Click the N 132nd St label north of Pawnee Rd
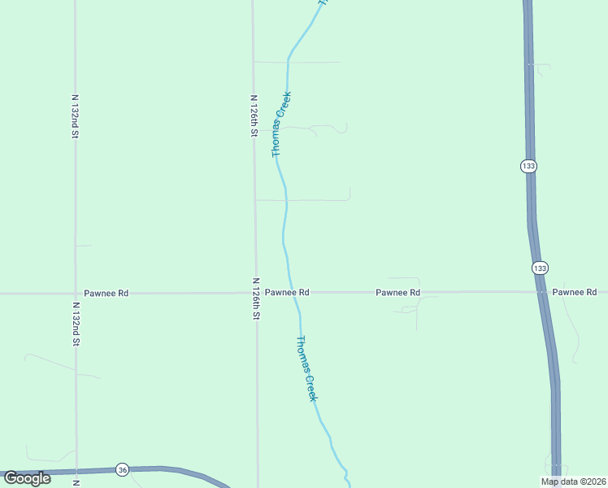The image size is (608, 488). click(x=74, y=116)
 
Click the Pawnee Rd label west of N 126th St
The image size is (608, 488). click(x=106, y=293)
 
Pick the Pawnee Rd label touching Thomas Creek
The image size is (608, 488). click(x=287, y=292)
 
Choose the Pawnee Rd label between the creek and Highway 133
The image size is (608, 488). click(x=397, y=292)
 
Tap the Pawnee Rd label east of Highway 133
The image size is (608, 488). click(x=575, y=292)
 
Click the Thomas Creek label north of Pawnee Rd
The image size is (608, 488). click(x=280, y=124)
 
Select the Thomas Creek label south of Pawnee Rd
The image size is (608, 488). click(x=306, y=368)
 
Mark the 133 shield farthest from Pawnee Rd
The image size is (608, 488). click(x=528, y=166)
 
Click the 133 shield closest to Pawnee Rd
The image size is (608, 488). click(x=541, y=268)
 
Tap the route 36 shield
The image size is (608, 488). click(x=122, y=469)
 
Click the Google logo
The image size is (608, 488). click(x=27, y=478)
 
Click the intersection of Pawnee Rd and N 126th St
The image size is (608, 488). click(x=255, y=293)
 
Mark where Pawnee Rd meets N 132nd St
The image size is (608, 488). click(x=76, y=293)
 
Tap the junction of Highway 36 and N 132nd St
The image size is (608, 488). click(x=76, y=471)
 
